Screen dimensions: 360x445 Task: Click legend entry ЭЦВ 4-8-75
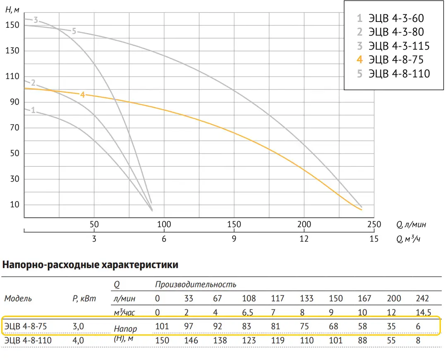tap(395, 60)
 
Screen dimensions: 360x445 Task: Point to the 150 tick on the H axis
tap(13, 25)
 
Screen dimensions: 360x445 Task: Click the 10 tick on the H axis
tap(15, 205)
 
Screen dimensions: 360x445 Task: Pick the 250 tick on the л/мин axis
tap(374, 225)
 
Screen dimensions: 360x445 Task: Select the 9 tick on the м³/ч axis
tap(234, 239)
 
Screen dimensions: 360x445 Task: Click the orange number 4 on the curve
tap(82, 95)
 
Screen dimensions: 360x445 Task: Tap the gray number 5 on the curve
tap(74, 31)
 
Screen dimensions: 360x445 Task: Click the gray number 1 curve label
tap(33, 110)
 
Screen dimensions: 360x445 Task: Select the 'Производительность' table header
tap(196, 285)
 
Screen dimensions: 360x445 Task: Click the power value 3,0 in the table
tap(78, 326)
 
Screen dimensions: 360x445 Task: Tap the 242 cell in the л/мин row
tap(422, 298)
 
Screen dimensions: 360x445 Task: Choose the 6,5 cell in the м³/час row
tap(248, 313)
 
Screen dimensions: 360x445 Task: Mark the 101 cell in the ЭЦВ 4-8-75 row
tap(162, 326)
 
